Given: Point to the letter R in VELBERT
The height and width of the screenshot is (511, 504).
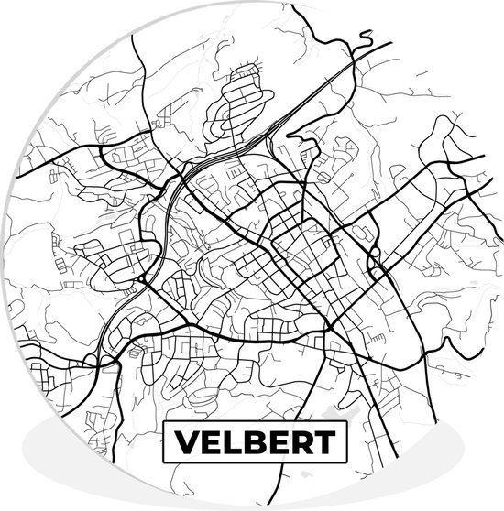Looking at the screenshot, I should (x=301, y=443).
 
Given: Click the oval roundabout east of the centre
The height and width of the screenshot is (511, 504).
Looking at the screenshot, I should (x=374, y=263).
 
